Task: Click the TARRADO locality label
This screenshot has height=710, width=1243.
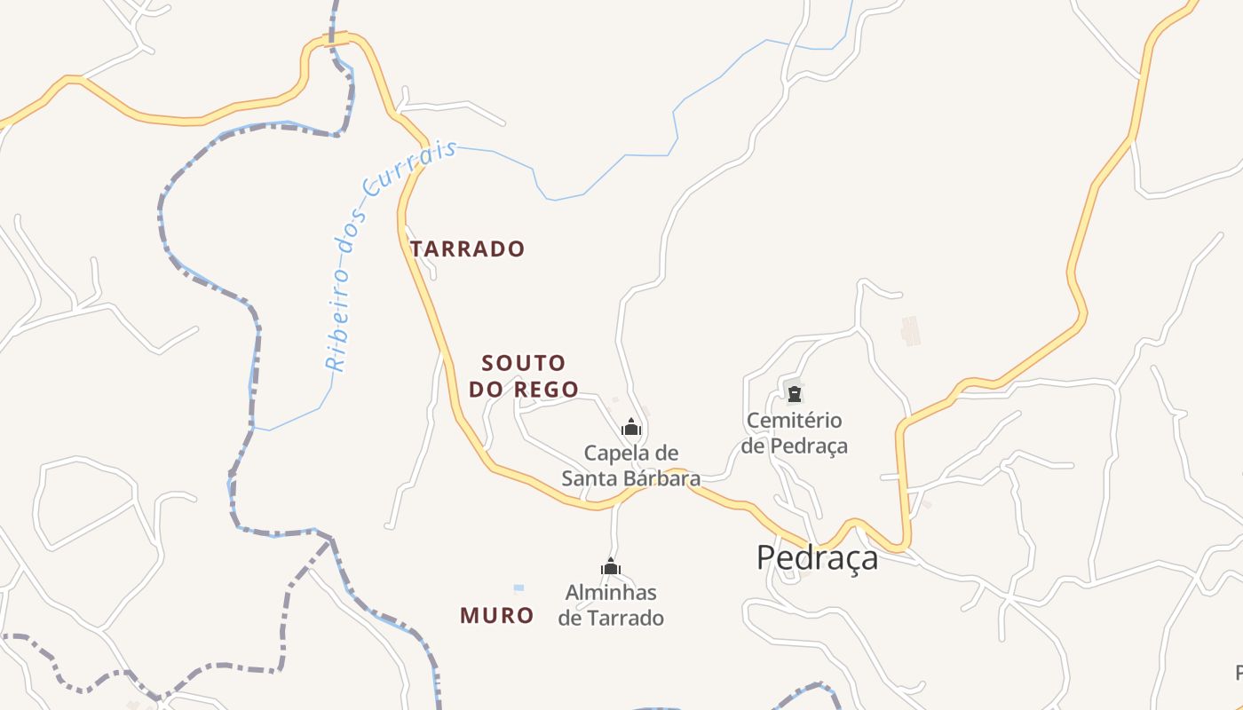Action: tap(468, 249)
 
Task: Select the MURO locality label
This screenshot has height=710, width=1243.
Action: tap(497, 615)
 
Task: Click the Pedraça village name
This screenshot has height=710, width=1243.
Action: tap(817, 557)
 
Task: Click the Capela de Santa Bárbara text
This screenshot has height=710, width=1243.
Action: tap(630, 466)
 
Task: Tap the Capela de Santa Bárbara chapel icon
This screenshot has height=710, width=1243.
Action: tap(631, 427)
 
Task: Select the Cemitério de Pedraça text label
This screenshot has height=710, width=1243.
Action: tap(795, 432)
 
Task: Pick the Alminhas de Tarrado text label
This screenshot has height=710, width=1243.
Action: tap(611, 604)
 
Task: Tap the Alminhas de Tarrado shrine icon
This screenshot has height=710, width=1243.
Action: tap(611, 566)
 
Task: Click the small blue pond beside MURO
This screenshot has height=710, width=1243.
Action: tap(519, 588)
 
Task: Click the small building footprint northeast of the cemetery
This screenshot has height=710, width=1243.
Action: tap(910, 330)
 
